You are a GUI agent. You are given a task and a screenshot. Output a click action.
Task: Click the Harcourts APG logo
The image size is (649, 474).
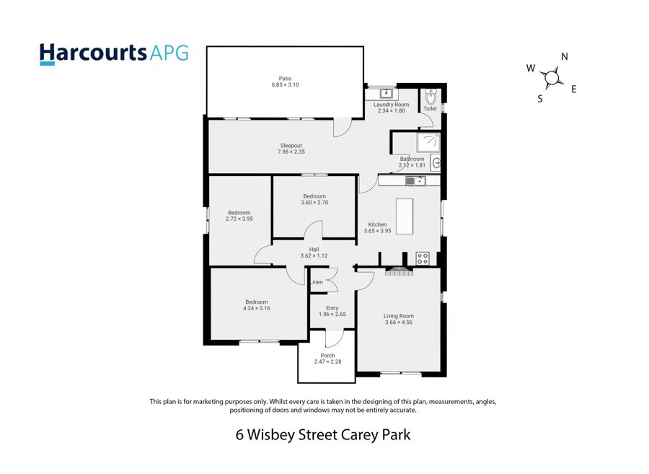tap(114, 54)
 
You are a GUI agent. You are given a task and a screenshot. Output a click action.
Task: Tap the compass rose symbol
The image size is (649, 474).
tap(552, 78)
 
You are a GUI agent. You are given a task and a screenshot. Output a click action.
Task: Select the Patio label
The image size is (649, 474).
tap(285, 78)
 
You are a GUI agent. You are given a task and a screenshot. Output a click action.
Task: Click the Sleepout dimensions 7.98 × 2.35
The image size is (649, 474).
tap(291, 152)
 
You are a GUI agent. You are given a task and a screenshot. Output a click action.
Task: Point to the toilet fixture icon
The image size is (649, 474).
tap(431, 97)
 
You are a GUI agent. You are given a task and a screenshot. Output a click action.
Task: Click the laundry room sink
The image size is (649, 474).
tap(387, 92)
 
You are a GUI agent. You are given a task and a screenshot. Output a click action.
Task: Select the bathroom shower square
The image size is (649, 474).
tap(428, 143)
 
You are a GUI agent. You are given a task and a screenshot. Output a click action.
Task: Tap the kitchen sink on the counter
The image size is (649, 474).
tap(415, 181)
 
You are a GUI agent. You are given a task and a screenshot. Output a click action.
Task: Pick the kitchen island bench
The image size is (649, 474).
tap(405, 216)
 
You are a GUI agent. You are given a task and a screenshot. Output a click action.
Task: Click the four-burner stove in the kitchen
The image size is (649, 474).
tap(422, 259)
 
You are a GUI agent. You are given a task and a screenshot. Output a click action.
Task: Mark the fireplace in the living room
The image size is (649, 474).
tap(399, 271)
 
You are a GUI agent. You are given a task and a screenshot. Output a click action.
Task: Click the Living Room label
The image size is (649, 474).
tap(399, 316)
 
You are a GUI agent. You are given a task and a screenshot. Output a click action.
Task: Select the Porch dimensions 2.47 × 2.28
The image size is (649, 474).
tap(328, 362)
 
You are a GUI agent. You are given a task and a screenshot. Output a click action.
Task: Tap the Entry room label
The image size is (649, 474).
tap(332, 308)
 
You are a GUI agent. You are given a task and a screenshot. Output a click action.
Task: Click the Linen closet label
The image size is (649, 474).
tap(317, 282)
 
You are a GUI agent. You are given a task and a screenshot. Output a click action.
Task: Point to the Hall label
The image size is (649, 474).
tap(314, 250)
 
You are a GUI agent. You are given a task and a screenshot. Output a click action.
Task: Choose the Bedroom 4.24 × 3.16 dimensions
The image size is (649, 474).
tap(257, 308)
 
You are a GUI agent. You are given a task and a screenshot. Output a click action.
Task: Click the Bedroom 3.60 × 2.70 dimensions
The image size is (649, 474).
tap(314, 203)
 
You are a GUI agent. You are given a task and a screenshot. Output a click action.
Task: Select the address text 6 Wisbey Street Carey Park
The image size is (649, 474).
tap(323, 435)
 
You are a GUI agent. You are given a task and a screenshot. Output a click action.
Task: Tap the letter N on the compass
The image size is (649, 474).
tap(565, 57)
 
